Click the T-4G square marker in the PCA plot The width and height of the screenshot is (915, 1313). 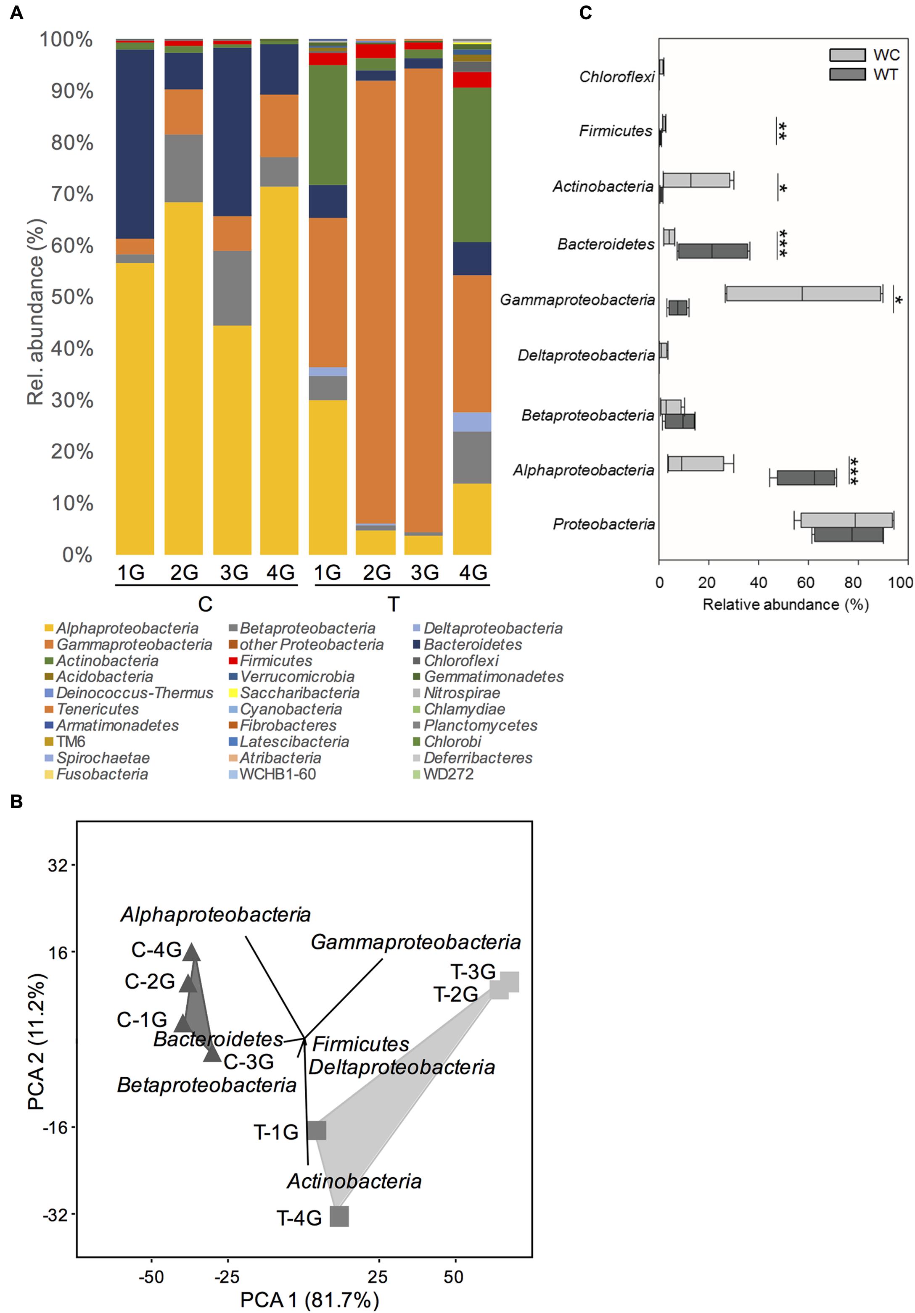pos(339,1216)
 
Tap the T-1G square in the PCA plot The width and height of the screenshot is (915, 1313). pos(317,1131)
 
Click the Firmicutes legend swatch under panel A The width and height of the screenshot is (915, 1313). pos(233,661)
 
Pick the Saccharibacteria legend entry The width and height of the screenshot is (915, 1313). pos(299,693)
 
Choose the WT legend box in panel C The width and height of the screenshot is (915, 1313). pos(847,74)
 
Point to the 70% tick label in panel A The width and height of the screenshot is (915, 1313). pos(72,194)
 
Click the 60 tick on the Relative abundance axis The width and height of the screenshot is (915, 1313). pos(806,582)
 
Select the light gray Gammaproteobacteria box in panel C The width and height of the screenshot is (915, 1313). pos(804,293)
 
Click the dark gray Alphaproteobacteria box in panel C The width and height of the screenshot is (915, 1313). pos(806,477)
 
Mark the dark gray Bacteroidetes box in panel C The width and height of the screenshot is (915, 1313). pos(713,251)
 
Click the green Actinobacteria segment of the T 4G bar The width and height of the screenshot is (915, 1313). pos(472,165)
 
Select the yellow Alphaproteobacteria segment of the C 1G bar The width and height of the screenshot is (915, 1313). pos(135,409)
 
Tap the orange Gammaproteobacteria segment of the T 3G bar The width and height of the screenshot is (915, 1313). pos(423,300)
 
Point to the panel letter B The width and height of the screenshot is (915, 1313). pos(16,801)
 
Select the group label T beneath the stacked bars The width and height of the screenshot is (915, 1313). pos(393,604)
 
